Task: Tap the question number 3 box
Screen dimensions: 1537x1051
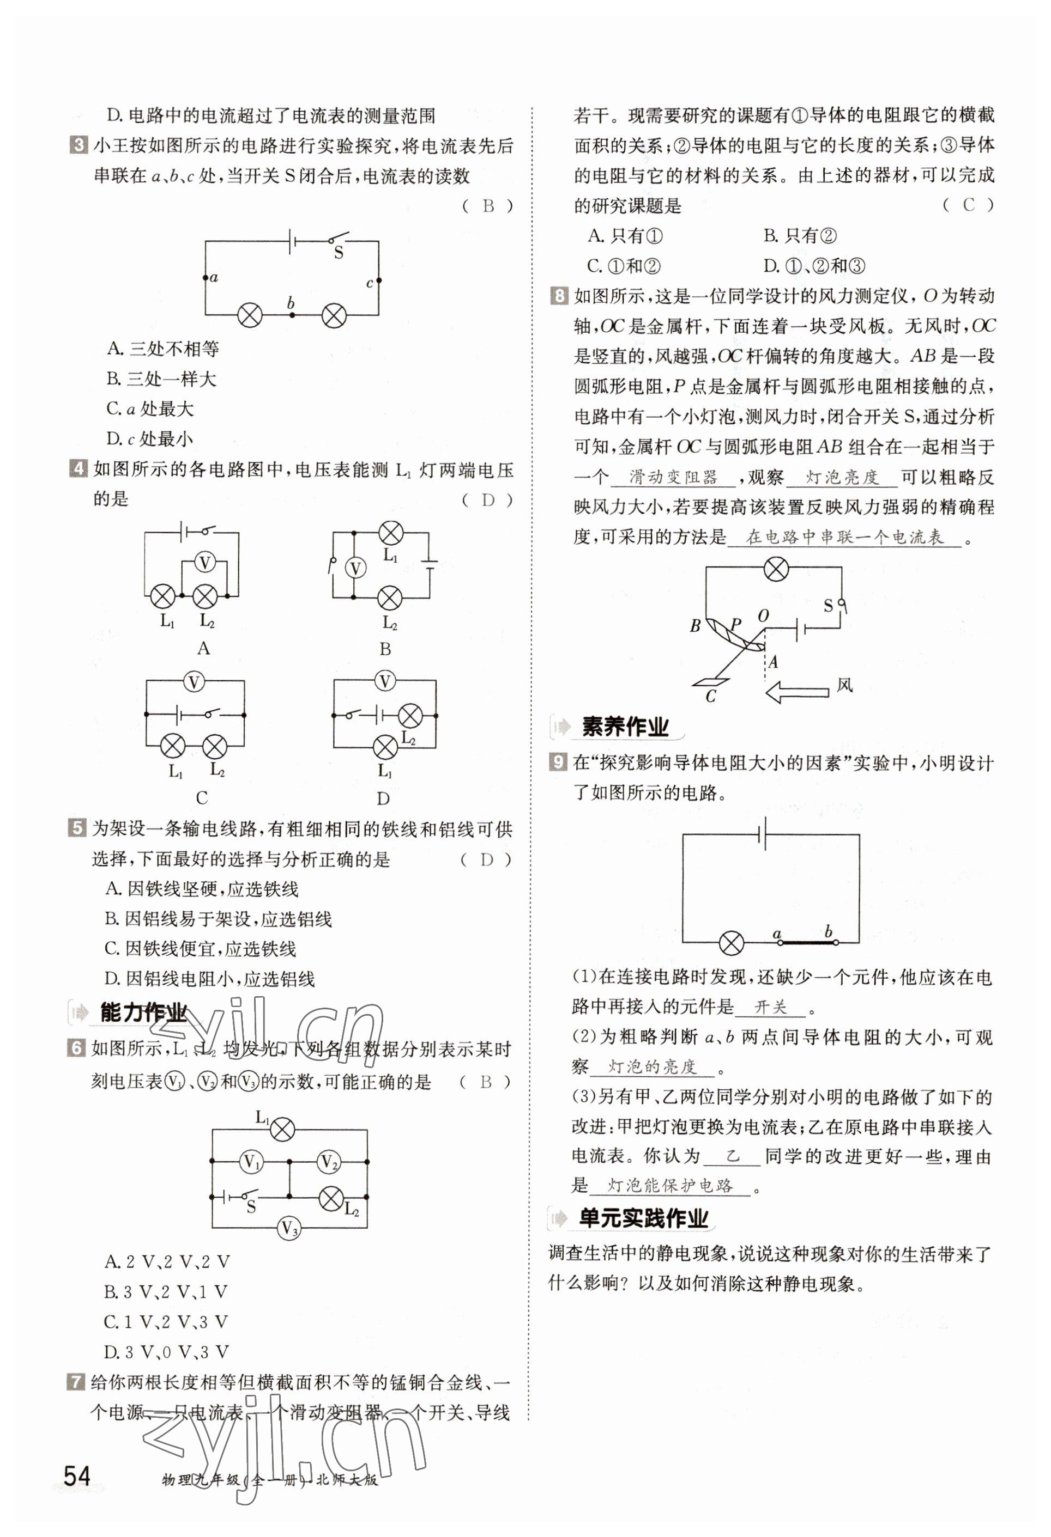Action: point(78,145)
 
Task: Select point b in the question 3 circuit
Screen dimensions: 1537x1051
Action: point(291,315)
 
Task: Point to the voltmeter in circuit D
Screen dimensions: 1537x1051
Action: point(384,681)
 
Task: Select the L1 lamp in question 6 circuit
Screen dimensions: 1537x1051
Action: point(283,1129)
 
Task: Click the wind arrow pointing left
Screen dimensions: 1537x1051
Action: point(797,692)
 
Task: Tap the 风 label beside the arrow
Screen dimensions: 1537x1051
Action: point(844,685)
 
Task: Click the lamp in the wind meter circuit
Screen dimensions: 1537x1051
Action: point(776,568)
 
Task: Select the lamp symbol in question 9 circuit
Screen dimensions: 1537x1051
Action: point(732,942)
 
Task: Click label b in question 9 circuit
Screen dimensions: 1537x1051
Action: point(829,932)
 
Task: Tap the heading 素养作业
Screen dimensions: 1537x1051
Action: point(624,727)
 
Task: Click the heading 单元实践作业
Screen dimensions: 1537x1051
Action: point(643,1218)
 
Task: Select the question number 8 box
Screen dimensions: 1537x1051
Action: point(559,296)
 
